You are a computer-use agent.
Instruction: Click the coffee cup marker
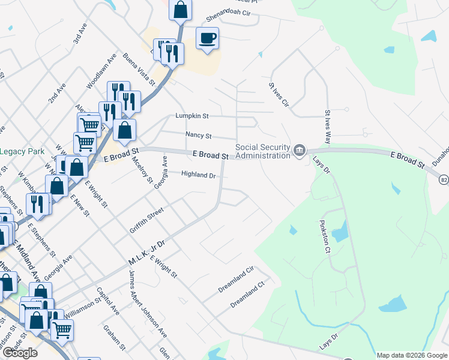click(208, 39)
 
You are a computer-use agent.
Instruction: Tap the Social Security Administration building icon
click(299, 149)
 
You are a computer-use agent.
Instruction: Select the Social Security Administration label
click(262, 151)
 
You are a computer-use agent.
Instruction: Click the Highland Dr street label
click(199, 175)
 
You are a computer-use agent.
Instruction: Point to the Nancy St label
click(198, 136)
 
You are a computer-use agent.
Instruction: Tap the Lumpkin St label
click(191, 116)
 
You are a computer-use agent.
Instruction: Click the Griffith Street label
click(146, 220)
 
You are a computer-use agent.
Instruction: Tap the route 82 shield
click(443, 179)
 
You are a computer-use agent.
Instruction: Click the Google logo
click(20, 353)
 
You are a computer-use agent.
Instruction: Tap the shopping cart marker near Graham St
click(62, 329)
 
